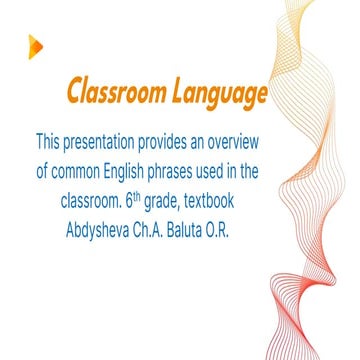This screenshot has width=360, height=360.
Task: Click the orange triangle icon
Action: [x=36, y=44]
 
